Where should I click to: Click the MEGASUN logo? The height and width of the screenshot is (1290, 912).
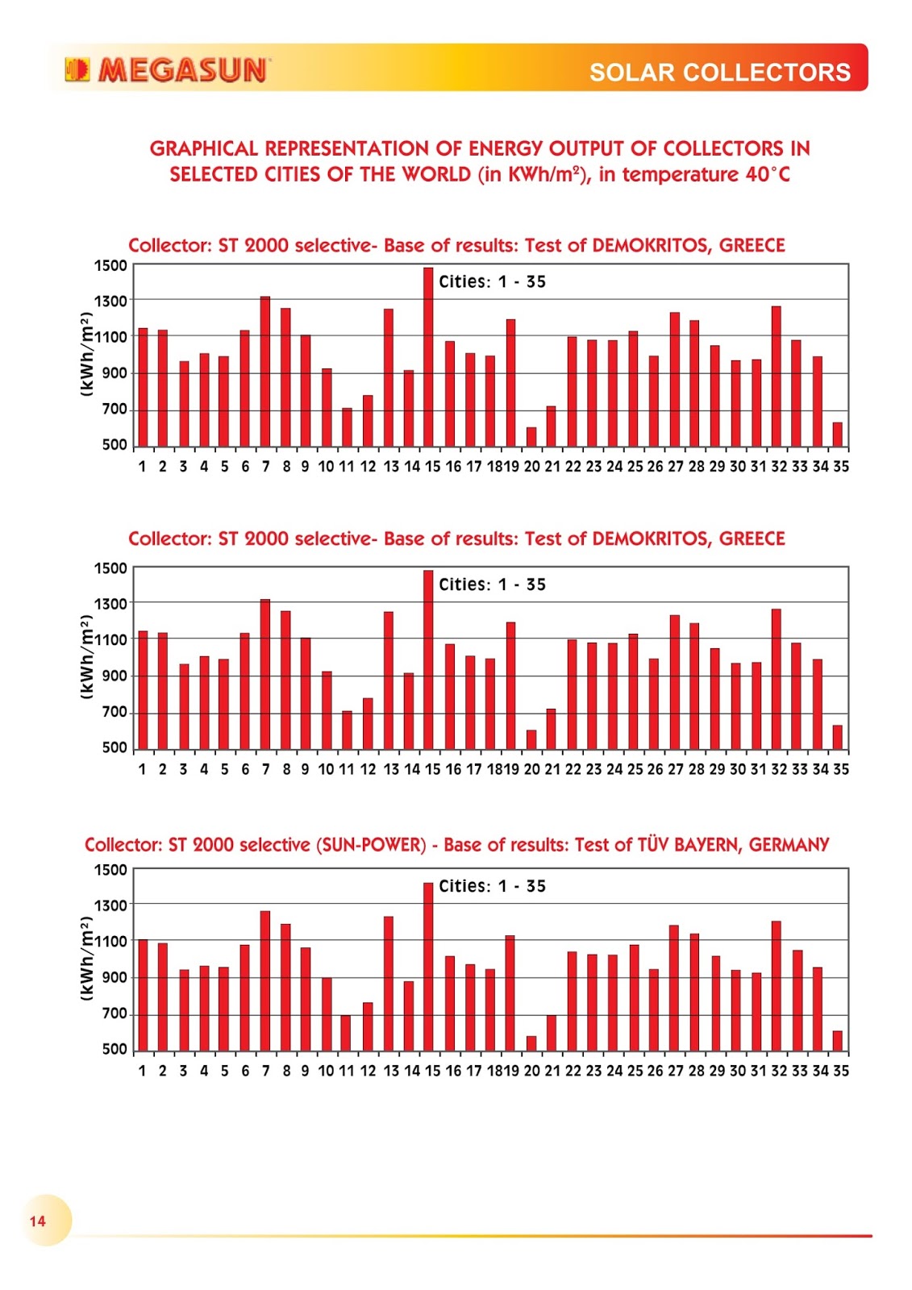tap(167, 70)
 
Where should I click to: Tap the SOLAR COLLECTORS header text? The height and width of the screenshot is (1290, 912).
tap(719, 73)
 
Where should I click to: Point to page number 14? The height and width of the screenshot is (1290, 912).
tap(38, 1221)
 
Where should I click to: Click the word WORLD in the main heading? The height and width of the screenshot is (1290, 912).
tap(436, 175)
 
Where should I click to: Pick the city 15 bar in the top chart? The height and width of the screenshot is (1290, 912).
tap(428, 357)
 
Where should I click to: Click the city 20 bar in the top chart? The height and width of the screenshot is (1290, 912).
tap(531, 436)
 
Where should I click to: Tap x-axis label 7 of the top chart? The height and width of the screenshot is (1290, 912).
tap(266, 467)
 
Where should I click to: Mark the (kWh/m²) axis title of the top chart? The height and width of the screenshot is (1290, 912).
tap(86, 355)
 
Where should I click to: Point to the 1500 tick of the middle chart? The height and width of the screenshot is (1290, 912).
tap(110, 568)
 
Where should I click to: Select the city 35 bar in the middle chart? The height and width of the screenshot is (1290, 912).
tap(838, 737)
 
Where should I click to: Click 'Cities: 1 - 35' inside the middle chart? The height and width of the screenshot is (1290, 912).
tap(492, 585)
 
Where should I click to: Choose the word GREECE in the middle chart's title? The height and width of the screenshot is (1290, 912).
tap(752, 539)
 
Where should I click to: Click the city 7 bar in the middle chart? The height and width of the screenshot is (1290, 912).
tap(265, 674)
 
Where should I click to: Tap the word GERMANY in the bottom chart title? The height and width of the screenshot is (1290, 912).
tap(789, 845)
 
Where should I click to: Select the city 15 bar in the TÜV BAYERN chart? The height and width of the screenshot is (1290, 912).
tap(428, 967)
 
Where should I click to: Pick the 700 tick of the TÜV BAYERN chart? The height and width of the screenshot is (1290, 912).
tap(115, 1013)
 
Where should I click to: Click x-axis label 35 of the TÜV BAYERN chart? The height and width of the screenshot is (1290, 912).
tap(841, 1072)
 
